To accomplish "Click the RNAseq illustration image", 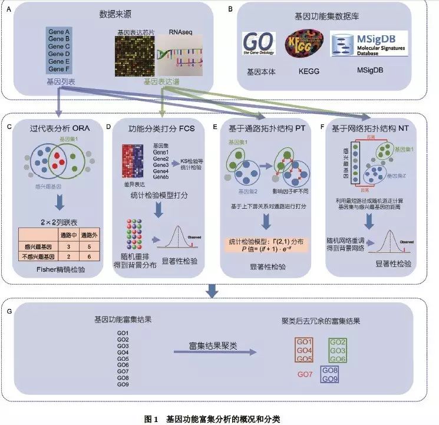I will click(x=178, y=57).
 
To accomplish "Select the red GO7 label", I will click(x=305, y=374).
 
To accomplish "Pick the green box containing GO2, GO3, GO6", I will click(x=338, y=351).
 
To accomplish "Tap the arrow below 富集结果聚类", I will click(x=216, y=352).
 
